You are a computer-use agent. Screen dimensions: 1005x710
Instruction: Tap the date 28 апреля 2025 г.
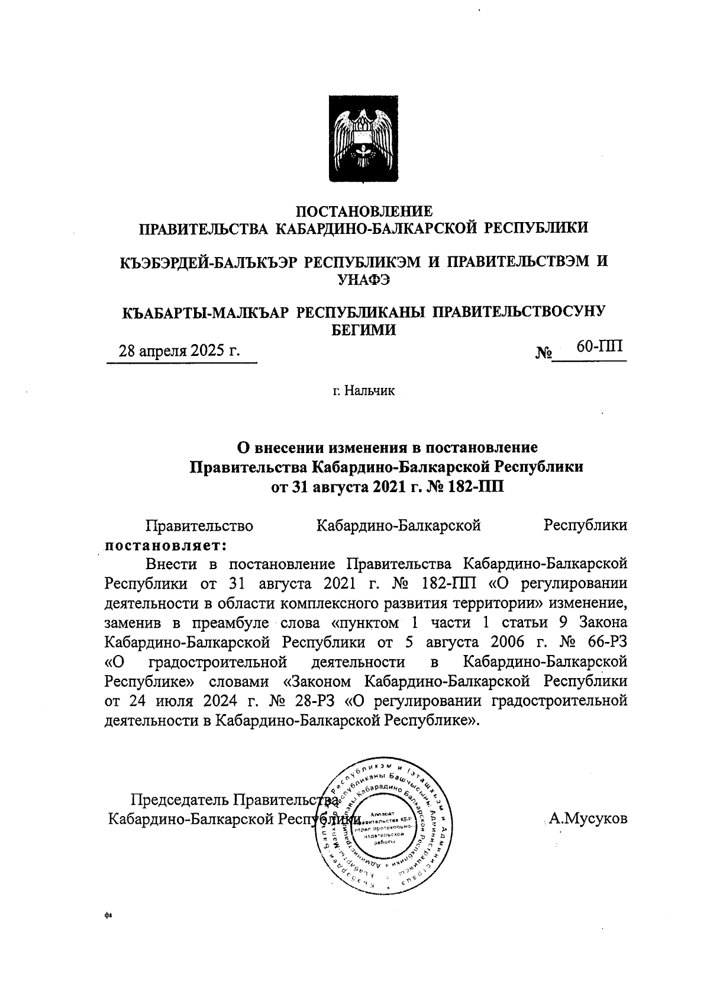coord(180,350)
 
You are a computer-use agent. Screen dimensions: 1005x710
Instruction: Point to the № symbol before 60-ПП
coord(544,354)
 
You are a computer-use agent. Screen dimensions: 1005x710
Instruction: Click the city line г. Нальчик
coord(363,391)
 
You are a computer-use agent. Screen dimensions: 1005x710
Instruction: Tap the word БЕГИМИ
coord(363,330)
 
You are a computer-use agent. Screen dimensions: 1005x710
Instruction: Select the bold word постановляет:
coord(166,544)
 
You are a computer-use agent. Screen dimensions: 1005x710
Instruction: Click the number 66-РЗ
coord(603,642)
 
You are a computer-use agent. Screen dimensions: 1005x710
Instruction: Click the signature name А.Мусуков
coord(588,819)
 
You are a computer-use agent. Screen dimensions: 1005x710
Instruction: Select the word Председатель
coord(178,800)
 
